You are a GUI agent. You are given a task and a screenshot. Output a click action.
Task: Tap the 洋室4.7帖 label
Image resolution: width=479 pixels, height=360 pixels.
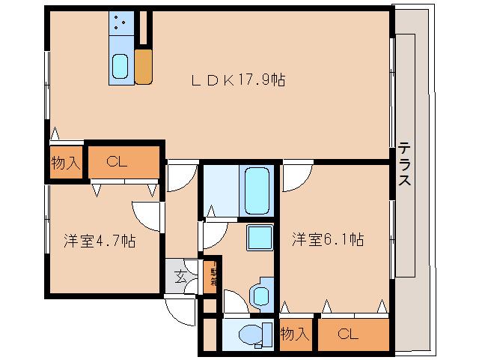99,241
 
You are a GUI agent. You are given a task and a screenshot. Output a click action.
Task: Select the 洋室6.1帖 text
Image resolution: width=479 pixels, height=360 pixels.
327,239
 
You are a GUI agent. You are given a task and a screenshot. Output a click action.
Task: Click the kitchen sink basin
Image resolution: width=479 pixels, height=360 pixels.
120,67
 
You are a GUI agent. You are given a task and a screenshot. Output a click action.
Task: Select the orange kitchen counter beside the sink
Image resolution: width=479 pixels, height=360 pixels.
144,65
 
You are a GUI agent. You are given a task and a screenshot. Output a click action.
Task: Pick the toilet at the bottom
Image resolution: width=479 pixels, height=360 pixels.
246,332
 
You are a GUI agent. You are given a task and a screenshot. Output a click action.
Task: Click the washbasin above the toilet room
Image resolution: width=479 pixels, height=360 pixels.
261,293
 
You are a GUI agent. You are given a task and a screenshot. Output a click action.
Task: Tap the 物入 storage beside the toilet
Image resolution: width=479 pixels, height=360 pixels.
295,334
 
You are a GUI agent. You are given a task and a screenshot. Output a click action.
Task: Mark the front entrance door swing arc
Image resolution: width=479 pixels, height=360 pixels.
181,307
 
